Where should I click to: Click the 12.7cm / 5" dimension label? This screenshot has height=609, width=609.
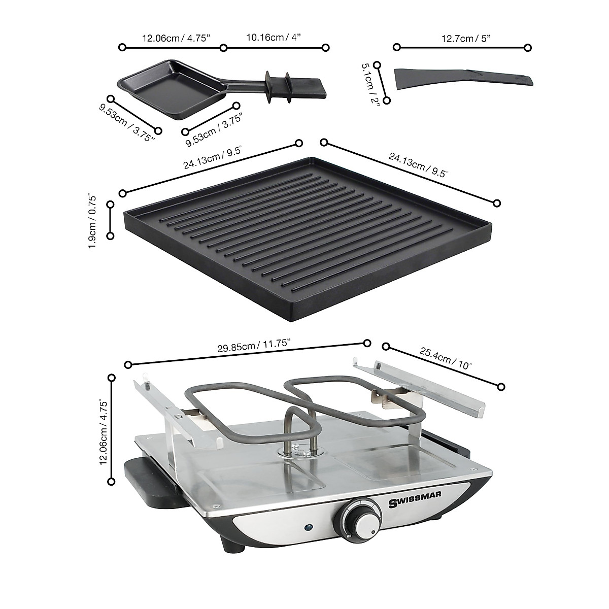tap(461, 38)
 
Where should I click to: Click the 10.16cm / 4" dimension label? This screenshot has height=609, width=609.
tap(274, 38)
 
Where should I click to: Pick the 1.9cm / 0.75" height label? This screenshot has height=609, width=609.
tap(92, 221)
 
